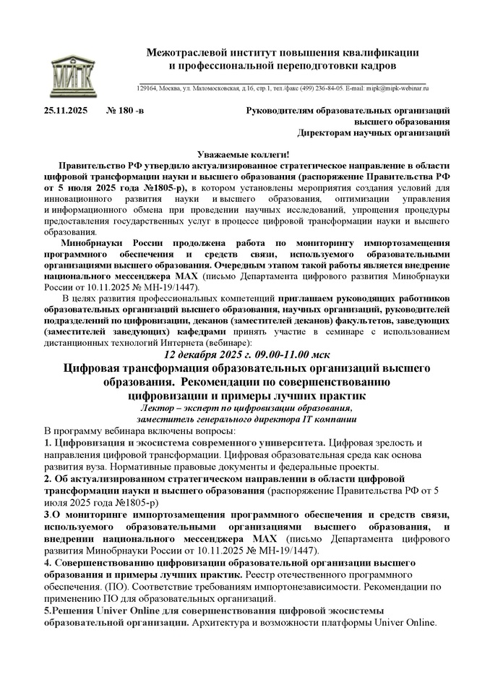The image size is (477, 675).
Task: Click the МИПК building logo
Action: (x=72, y=69)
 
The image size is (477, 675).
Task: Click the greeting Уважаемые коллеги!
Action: (x=243, y=153)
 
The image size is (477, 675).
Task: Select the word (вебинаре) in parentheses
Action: (x=228, y=341)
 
